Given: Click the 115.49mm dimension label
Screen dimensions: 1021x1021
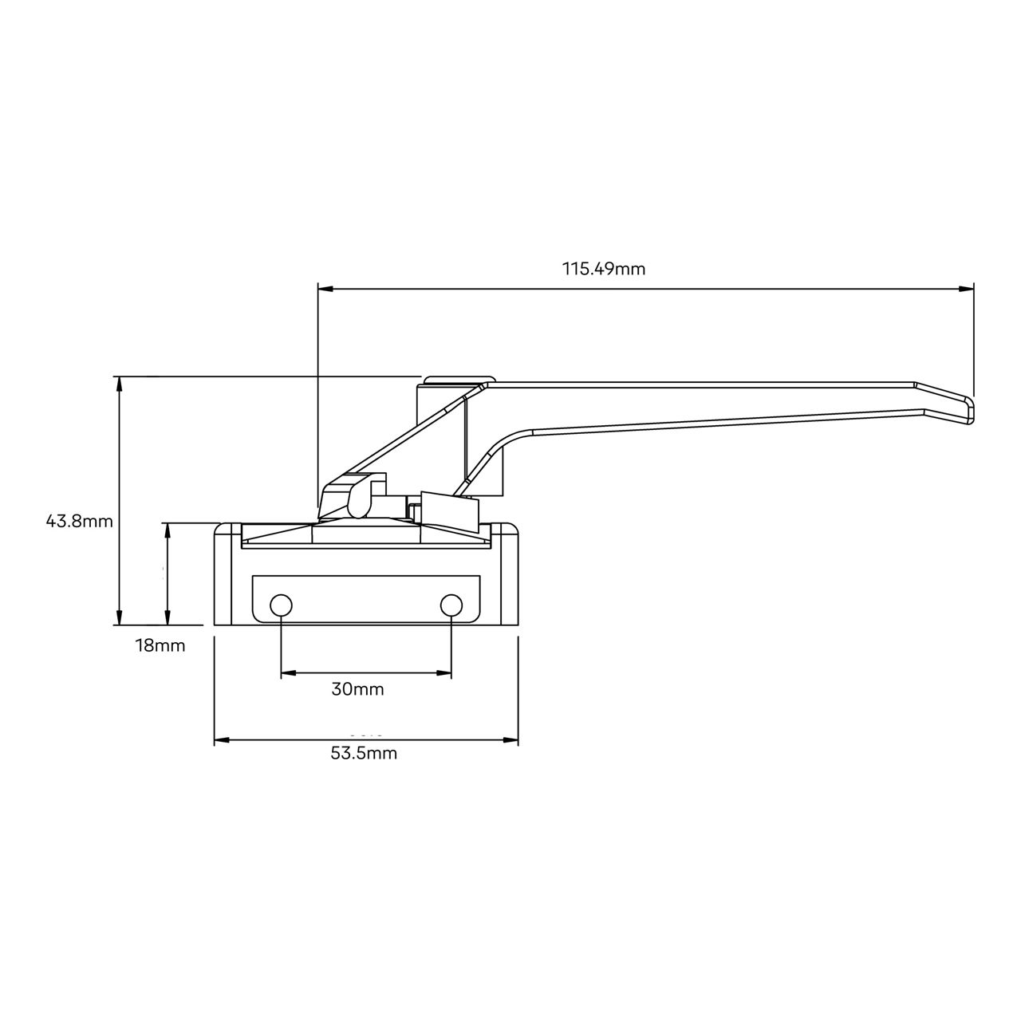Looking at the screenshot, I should [604, 269].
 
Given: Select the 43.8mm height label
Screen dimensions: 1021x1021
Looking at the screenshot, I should [79, 522].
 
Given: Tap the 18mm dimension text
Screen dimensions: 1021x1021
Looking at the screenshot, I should [160, 645].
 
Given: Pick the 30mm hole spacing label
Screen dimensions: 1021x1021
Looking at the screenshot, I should [357, 689].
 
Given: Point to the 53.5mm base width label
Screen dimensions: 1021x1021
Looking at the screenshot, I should [364, 753].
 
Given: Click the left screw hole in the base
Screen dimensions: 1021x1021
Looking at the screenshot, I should [281, 605].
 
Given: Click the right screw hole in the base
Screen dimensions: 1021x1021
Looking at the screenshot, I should [451, 605].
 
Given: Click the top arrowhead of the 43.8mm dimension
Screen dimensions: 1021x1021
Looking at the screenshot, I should [120, 383].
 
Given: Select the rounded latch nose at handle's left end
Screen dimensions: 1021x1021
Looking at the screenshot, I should [357, 497].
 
